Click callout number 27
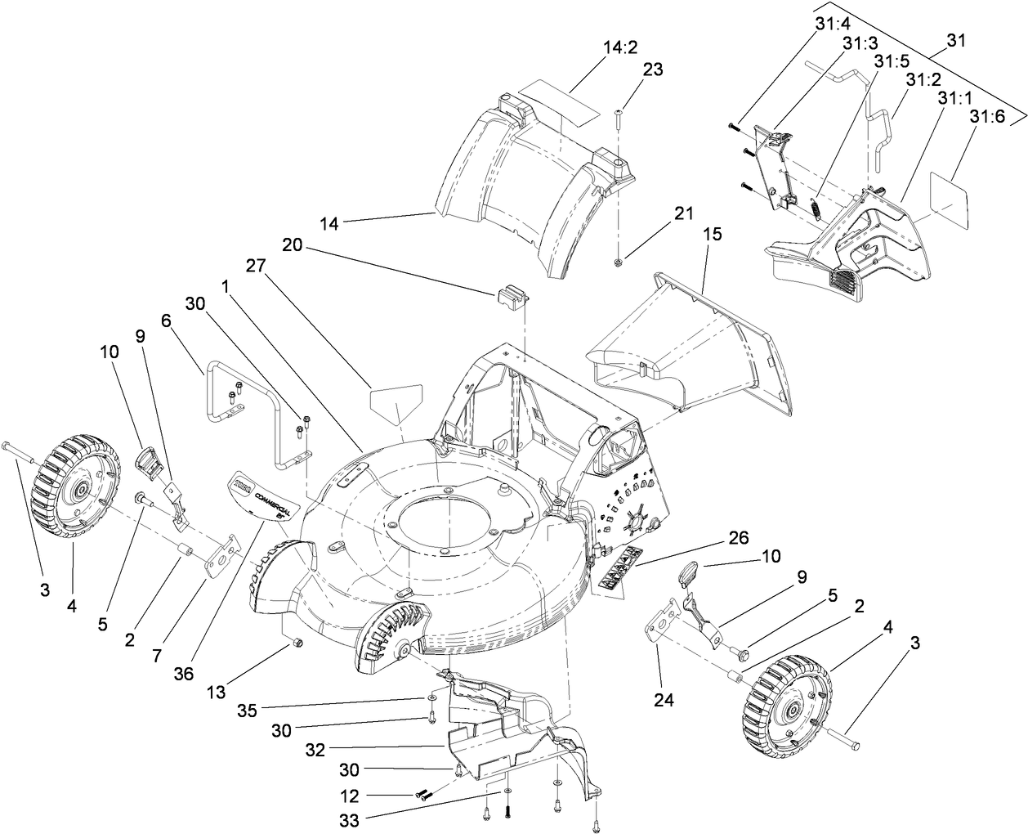(256, 267)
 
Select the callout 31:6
(987, 118)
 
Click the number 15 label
(712, 234)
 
